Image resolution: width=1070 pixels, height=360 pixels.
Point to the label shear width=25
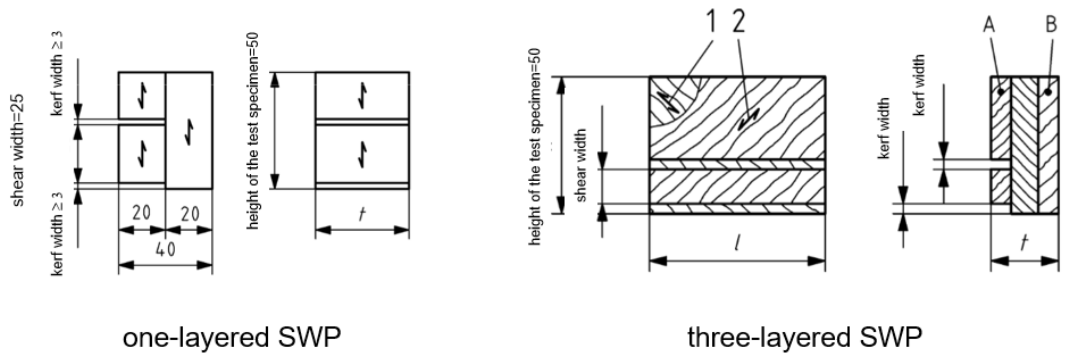coord(18,150)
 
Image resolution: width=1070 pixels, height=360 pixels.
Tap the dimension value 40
coord(165,250)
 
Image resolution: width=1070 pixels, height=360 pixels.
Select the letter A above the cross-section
coord(989,25)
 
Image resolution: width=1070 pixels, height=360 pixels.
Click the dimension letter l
coord(737,244)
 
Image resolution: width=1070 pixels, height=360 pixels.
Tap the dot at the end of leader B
coord(1048,92)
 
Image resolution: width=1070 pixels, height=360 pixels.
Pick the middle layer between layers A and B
coord(1024,145)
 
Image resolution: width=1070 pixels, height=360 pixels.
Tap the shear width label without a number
coord(581,165)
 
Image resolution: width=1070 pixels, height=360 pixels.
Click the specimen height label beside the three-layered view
coord(535,147)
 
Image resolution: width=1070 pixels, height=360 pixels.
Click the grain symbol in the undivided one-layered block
coord(189,132)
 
